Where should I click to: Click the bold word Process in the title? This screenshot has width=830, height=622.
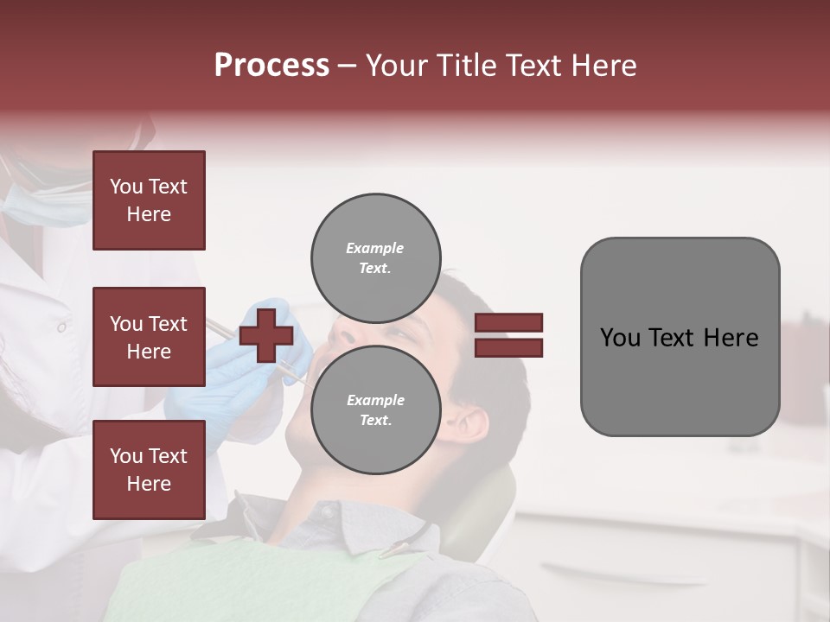pos(271,66)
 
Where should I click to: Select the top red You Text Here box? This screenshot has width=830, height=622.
pos(149,200)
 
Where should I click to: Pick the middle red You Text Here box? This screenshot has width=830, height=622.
pos(149,337)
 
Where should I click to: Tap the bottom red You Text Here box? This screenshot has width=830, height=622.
pos(149,469)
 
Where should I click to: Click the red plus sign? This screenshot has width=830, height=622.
pos(265,335)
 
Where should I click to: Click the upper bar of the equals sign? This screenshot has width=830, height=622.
pos(509,322)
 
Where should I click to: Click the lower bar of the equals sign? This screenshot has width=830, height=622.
pos(509,347)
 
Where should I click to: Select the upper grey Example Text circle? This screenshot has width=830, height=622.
pos(375,257)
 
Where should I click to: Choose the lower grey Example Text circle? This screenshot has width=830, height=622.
pos(375,409)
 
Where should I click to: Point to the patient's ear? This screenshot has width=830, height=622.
pos(471,425)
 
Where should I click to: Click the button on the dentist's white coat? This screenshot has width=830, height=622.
pos(61,327)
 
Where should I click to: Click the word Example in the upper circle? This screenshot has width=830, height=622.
pos(375,248)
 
